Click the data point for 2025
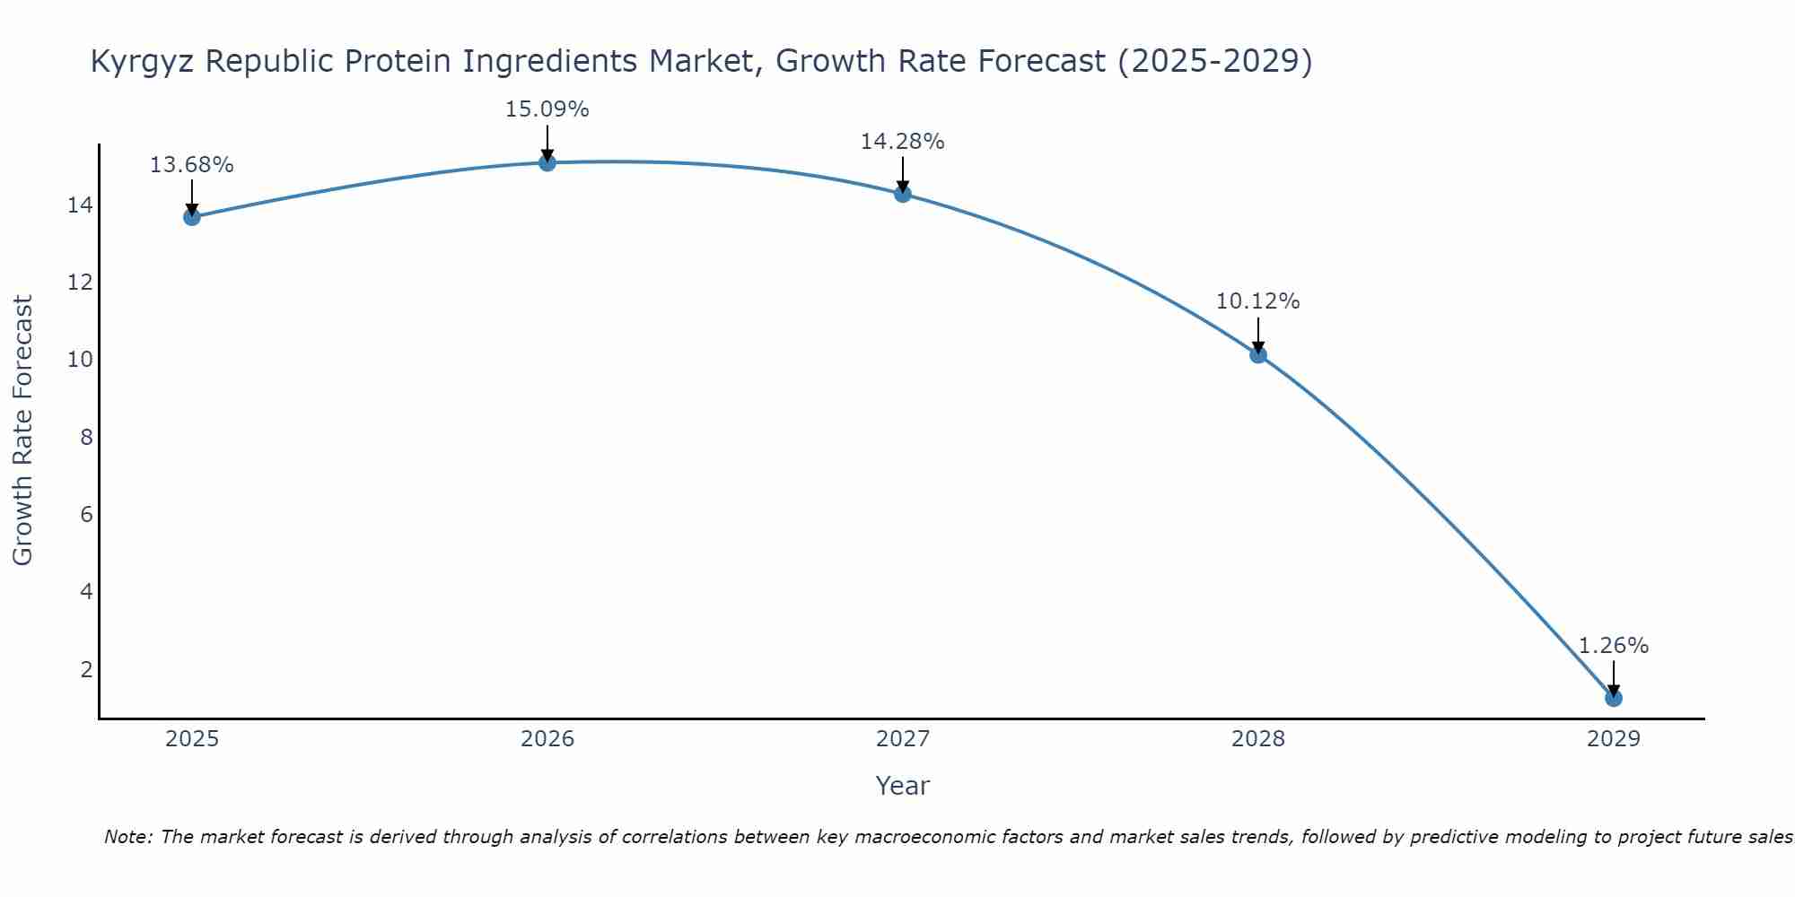coord(192,217)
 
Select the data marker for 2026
coord(547,162)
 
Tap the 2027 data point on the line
coord(903,194)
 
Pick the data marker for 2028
coord(1258,354)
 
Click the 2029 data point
coord(1614,698)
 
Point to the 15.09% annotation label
coord(547,109)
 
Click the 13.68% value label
coord(191,165)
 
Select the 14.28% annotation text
coord(902,142)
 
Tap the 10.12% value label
coord(1257,301)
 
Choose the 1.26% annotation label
coord(1613,646)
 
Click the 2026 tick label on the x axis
coord(547,739)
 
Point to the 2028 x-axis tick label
coord(1258,739)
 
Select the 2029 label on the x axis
coord(1614,739)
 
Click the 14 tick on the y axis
coord(80,205)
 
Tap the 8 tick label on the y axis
coord(86,438)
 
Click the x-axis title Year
coord(902,786)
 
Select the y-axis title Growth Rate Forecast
coord(22,431)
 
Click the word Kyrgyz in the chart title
coord(143,62)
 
